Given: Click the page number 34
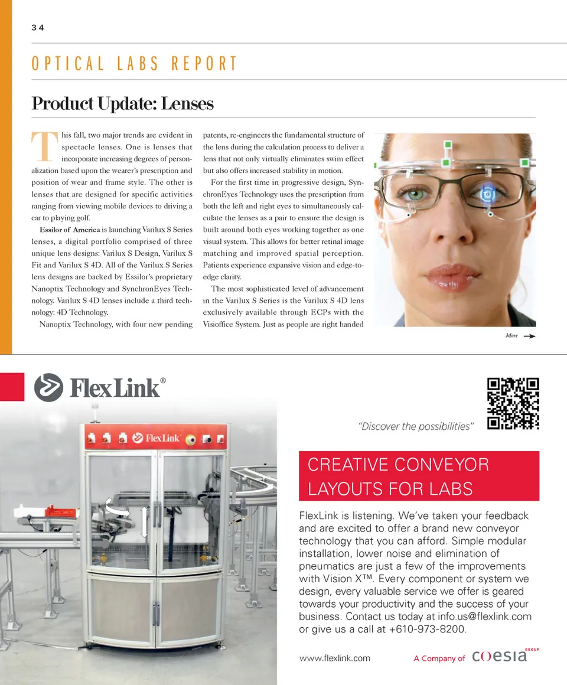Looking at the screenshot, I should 38,28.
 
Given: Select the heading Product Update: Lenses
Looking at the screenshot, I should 122,104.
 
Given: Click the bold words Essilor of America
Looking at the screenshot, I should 70,230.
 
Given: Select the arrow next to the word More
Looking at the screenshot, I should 529,336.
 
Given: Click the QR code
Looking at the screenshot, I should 513,403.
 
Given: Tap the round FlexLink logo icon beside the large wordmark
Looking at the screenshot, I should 48,387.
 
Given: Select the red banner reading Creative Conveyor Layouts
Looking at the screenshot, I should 419,476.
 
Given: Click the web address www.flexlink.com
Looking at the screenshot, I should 335,658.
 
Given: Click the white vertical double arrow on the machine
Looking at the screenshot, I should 144,520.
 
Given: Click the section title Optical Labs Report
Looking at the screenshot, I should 134,64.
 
